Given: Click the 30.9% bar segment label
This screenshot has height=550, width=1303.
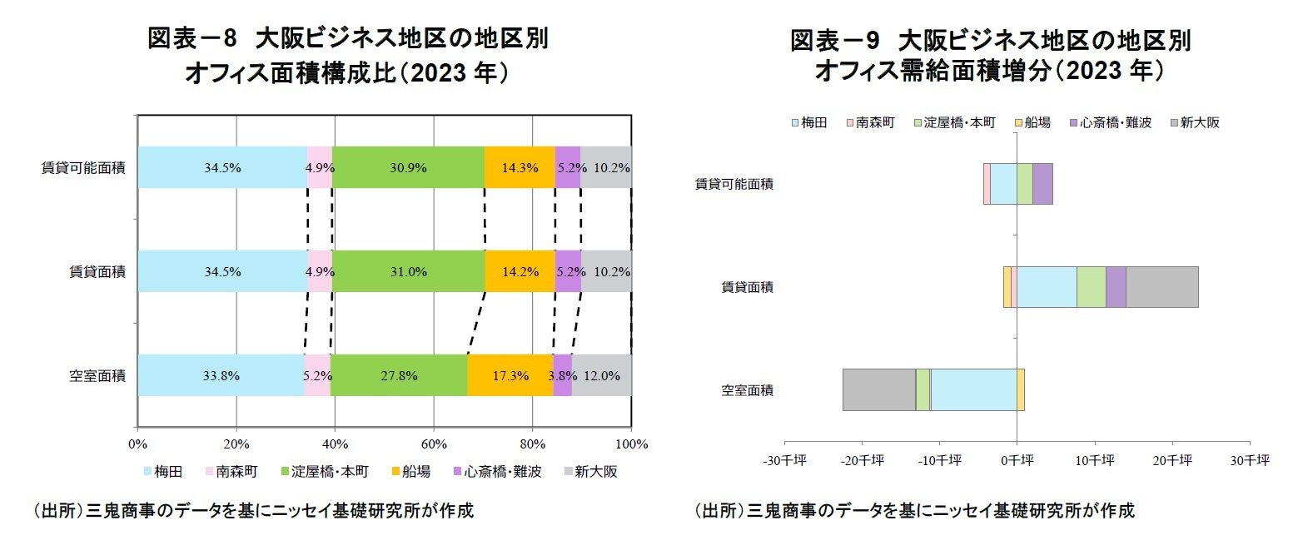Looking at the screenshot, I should click(x=408, y=167).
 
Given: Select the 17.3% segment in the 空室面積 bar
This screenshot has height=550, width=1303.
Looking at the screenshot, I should click(x=510, y=375).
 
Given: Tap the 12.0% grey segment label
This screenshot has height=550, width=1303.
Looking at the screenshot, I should click(x=602, y=375).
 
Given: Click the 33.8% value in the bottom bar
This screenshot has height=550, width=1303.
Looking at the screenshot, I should click(x=221, y=375).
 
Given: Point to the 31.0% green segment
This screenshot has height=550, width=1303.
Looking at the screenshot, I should click(x=408, y=271).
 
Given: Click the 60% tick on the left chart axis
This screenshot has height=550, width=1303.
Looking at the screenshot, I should click(x=434, y=443).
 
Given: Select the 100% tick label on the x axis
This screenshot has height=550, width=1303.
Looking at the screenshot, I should click(x=631, y=443).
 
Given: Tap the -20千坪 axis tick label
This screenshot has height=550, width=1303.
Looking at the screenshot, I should click(x=862, y=459).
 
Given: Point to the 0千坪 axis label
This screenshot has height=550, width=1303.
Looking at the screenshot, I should click(x=1017, y=459).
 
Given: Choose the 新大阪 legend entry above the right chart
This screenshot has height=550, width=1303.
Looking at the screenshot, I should click(x=1195, y=122).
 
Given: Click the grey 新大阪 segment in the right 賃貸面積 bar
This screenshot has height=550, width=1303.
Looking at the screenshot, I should click(x=1161, y=287).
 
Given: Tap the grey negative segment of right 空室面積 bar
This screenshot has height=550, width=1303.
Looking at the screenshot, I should click(x=878, y=389).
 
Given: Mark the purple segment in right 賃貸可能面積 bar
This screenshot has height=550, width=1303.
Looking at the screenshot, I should click(x=1042, y=184).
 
